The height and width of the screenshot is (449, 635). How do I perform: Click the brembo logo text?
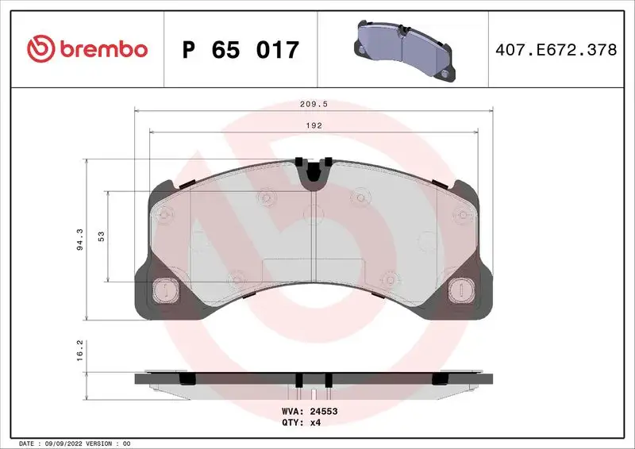(101, 49)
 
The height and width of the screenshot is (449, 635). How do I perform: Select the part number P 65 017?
(240, 49)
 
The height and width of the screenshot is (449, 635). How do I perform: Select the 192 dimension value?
(315, 125)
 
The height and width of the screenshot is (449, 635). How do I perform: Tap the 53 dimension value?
(102, 237)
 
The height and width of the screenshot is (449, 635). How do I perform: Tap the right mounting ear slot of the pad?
(460, 290)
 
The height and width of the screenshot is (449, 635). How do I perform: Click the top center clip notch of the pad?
(314, 169)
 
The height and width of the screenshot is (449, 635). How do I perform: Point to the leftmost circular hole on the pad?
(164, 215)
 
